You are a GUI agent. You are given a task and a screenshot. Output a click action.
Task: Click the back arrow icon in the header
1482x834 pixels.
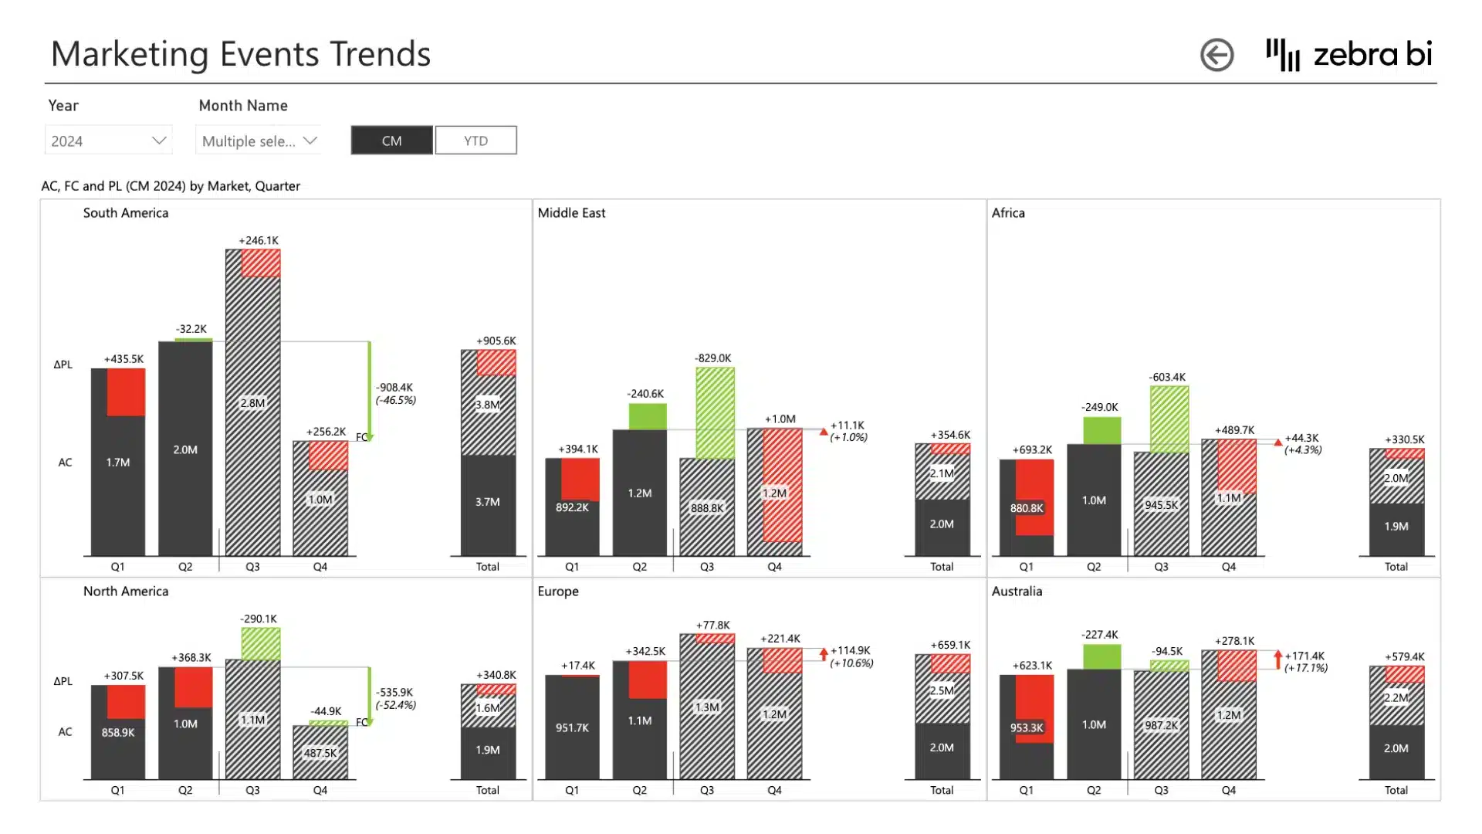(x=1217, y=55)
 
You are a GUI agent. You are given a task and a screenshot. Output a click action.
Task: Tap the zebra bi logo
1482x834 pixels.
(x=1348, y=55)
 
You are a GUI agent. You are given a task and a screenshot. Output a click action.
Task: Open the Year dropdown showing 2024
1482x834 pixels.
(x=108, y=141)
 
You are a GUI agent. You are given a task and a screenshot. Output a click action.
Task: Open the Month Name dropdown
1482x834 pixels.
(x=259, y=141)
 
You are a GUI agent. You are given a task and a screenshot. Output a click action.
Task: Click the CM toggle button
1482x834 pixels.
(x=391, y=141)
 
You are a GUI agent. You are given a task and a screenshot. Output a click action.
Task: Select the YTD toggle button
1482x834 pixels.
(x=475, y=141)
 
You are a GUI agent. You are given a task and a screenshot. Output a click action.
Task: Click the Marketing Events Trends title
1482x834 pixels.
(x=241, y=54)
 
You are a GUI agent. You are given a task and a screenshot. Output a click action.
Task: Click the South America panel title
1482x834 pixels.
(x=126, y=213)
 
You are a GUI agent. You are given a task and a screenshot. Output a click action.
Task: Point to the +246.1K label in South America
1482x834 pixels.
(x=259, y=241)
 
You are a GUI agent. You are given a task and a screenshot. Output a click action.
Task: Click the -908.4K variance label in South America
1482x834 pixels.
(x=394, y=388)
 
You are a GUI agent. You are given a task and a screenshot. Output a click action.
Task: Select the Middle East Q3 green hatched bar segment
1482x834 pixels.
(x=715, y=413)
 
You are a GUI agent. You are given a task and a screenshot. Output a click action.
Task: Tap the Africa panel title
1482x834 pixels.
(x=1008, y=213)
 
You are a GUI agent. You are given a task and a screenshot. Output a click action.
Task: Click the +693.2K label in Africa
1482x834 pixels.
(x=1032, y=449)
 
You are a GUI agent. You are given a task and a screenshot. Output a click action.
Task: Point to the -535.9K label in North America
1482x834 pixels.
(x=394, y=693)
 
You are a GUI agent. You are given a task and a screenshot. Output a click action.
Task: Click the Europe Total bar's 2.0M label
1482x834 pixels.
(x=942, y=748)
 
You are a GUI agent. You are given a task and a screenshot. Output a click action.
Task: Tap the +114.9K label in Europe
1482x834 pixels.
(x=850, y=651)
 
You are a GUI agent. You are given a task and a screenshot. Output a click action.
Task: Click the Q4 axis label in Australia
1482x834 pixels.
(x=1229, y=790)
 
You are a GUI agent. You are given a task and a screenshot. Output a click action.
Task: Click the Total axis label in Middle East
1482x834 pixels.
(x=942, y=567)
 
